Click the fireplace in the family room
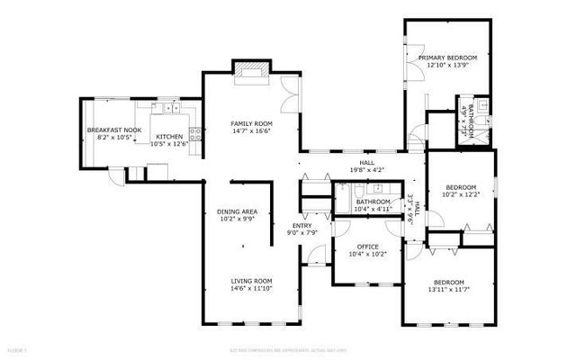click(x=250, y=69)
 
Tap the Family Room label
click(x=251, y=123)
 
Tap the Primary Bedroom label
click(x=446, y=58)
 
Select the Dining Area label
click(x=237, y=211)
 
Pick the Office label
click(x=367, y=247)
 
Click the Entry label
click(x=301, y=225)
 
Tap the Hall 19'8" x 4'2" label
click(x=366, y=165)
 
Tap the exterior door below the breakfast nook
click(x=115, y=176)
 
